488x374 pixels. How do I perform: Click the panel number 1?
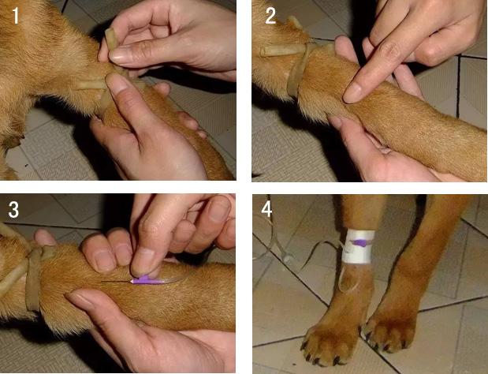coord(15,17)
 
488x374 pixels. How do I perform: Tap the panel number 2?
coord(270,17)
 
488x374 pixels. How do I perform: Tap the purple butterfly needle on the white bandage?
coord(360,242)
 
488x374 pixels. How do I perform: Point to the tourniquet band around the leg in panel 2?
coord(297,69)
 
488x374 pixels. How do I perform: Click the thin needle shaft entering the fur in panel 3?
coord(116,282)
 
